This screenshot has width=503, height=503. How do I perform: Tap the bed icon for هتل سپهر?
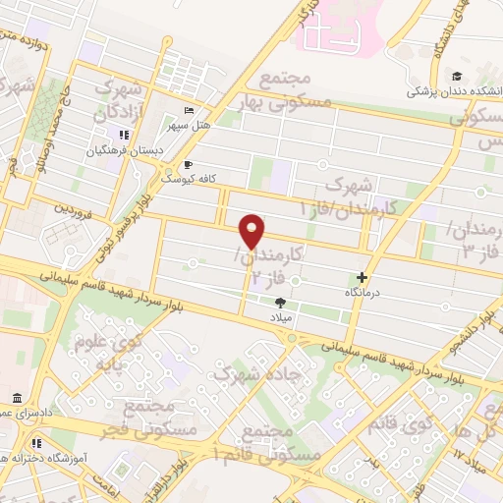click(190, 109)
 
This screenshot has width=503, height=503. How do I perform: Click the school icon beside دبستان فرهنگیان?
click(124, 135)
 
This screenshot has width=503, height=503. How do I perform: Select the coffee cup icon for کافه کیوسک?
click(188, 164)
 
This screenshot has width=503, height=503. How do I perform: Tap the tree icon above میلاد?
click(281, 304)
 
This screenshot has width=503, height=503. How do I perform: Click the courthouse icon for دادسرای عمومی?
click(18, 398)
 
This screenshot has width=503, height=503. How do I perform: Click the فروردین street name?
click(72, 209)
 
